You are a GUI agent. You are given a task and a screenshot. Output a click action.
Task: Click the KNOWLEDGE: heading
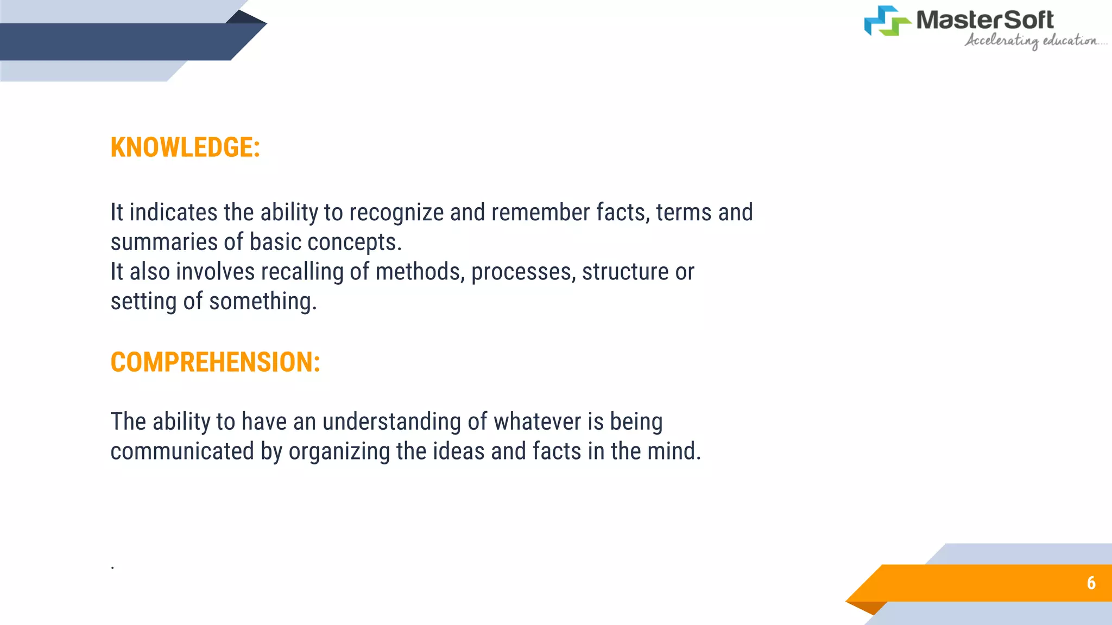(185, 148)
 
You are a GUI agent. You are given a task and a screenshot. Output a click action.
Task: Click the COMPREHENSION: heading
(215, 362)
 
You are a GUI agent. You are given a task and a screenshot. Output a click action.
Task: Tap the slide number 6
(1091, 583)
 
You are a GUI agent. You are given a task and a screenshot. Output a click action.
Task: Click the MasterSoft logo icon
(887, 21)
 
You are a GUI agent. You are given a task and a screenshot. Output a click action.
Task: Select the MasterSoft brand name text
(984, 20)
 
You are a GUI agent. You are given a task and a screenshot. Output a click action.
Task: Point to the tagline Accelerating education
(1032, 41)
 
